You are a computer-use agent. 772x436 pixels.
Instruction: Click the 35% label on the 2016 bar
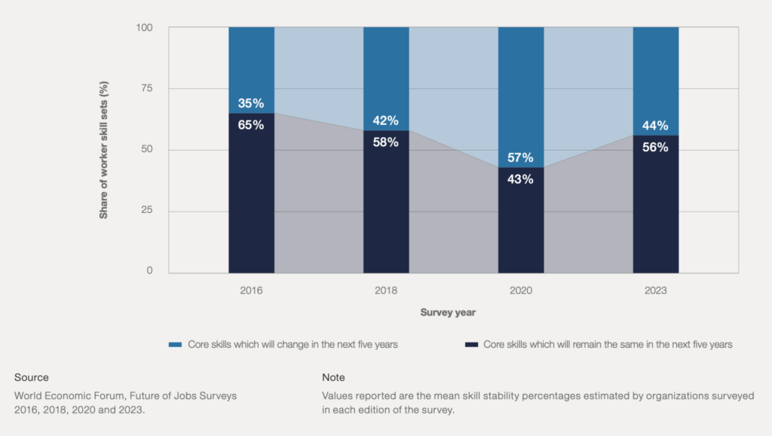pos(251,103)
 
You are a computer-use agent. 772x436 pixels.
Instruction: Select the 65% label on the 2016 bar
pos(251,125)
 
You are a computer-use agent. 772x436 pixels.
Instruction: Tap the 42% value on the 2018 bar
pos(385,120)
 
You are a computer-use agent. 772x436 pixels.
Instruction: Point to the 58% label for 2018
pos(385,142)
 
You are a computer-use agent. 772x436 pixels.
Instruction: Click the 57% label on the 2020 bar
pos(520,157)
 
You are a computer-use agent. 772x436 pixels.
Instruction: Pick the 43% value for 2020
pos(520,179)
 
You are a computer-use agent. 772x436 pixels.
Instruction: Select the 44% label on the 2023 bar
pos(655,125)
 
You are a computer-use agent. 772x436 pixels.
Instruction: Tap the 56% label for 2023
pos(655,147)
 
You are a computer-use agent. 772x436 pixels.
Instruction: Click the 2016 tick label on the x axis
pos(251,291)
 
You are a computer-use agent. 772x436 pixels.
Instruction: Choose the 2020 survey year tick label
pos(521,291)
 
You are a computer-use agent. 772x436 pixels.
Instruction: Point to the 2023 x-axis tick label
pos(655,291)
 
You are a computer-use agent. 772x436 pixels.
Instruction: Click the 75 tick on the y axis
pos(147,88)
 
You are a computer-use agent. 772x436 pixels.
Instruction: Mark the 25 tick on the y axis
pos(147,210)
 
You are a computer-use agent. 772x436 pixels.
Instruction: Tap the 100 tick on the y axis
pos(144,28)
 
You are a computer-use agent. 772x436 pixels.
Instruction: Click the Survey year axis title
pos(448,313)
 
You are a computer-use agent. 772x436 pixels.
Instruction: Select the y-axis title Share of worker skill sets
pos(103,150)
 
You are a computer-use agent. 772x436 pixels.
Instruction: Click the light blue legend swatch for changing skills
pos(175,345)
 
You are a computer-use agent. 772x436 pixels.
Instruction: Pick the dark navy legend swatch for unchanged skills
pos(471,345)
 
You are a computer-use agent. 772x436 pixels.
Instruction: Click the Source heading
pos(32,377)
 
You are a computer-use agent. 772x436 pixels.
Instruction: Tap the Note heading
pos(333,377)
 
